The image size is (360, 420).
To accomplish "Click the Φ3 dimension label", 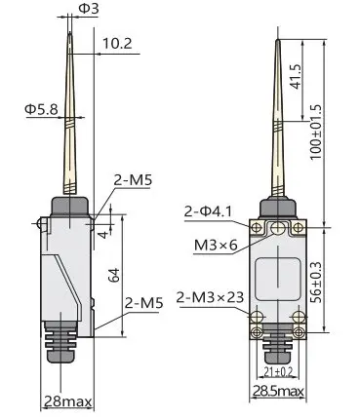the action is point(88,8).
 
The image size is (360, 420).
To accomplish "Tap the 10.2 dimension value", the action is point(117,43).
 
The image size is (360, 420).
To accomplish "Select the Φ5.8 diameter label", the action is point(42,109).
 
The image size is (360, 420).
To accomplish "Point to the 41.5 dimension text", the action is point(297,77).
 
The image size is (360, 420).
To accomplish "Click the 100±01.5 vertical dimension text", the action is point(315,132).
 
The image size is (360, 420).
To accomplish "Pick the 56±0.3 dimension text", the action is point(315,282).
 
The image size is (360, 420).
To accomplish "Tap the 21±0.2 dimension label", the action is point(278,371).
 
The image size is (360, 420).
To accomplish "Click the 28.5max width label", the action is point(278,391).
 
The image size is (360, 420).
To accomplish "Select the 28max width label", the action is point(67,401).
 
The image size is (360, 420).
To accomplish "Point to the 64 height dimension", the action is point(114,275).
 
